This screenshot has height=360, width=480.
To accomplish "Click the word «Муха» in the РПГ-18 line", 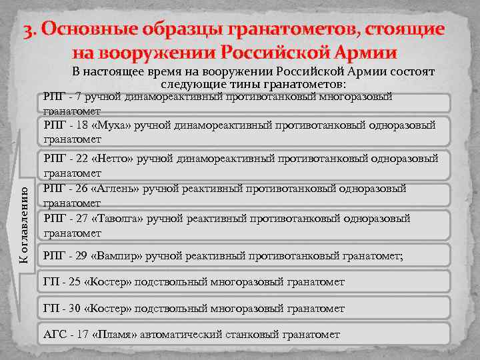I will (x=115, y=125).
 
